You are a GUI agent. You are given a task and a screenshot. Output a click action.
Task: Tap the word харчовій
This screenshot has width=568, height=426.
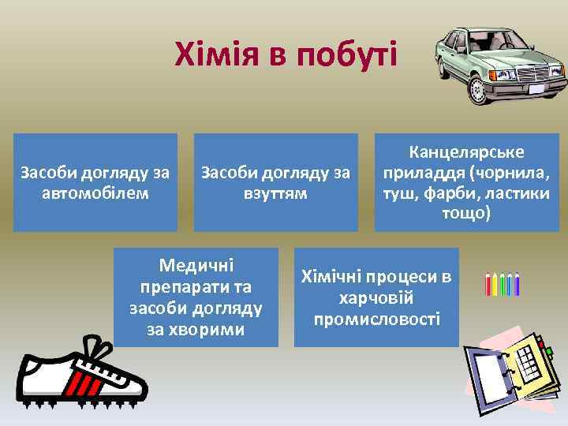[x=376, y=298]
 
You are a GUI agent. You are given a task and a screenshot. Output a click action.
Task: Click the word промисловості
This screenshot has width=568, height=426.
[x=376, y=319]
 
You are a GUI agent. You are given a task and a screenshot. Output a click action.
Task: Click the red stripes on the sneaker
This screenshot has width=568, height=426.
[x=76, y=383]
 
